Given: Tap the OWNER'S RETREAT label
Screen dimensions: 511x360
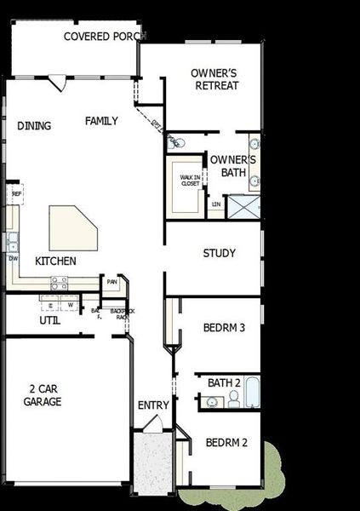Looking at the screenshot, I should [214, 79].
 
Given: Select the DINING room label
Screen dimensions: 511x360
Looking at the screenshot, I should [34, 126].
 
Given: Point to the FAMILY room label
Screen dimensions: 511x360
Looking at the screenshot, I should [101, 121].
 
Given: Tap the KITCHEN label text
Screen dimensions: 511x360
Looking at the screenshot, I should [55, 261].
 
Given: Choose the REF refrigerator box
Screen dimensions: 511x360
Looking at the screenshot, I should [16, 195].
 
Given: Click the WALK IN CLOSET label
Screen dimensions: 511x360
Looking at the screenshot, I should [189, 180].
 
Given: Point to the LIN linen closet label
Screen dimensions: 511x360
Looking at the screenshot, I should [216, 204].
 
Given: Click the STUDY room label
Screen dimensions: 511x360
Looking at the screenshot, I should [219, 254].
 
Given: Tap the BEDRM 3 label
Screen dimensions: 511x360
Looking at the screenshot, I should [224, 327].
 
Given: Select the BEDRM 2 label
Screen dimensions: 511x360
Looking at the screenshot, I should [226, 442].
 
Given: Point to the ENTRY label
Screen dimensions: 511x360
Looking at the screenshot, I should [153, 405].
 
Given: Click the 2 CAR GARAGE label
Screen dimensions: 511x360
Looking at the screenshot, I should [42, 394].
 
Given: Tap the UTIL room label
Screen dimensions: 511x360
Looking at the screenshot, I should [49, 321].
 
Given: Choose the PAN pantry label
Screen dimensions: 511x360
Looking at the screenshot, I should [111, 282].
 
